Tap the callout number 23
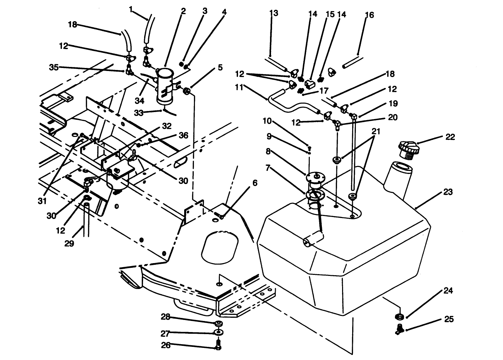tap(448, 192)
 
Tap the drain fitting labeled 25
tap(400, 328)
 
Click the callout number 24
tap(448, 291)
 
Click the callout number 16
tap(369, 15)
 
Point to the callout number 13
tap(274, 13)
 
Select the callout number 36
tap(183, 136)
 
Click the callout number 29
tap(69, 244)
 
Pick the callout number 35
tap(53, 67)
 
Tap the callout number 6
tap(255, 183)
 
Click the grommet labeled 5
tap(187, 91)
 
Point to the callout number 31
tap(42, 201)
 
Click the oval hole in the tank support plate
tap(221, 246)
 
